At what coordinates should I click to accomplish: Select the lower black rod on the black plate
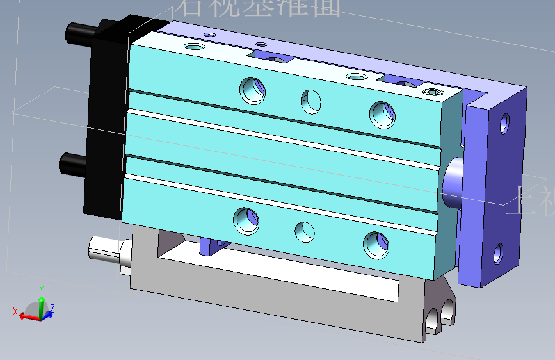pyautogui.click(x=72, y=165)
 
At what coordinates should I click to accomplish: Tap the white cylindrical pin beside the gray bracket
pyautogui.click(x=104, y=249)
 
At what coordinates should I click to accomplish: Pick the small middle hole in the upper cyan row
pyautogui.click(x=311, y=99)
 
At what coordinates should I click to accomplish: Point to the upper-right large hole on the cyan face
pyautogui.click(x=382, y=113)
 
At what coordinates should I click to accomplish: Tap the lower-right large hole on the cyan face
pyautogui.click(x=376, y=244)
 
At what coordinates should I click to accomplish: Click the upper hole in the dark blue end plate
pyautogui.click(x=505, y=122)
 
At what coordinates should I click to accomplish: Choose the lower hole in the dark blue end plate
pyautogui.click(x=498, y=254)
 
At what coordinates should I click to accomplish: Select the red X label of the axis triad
pyautogui.click(x=15, y=311)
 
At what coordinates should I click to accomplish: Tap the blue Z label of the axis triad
pyautogui.click(x=52, y=307)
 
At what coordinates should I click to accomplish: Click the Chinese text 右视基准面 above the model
pyautogui.click(x=259, y=8)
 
